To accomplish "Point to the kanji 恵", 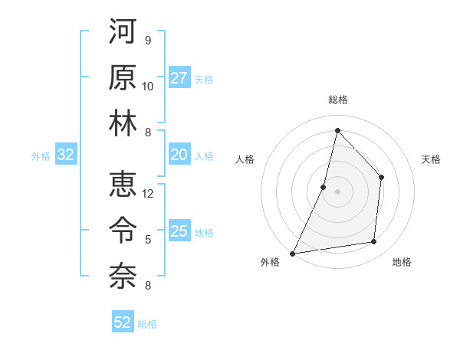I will click(123, 184).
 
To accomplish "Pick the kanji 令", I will click(123, 230).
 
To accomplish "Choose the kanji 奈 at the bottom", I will click(123, 276).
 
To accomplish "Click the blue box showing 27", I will click(179, 78).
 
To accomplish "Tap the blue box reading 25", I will click(179, 232).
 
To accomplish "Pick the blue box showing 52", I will click(123, 322).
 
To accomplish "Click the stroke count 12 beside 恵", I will click(148, 194).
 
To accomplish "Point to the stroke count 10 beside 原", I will click(148, 86).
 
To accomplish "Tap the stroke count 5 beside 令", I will click(148, 240).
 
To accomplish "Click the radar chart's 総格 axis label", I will click(337, 100).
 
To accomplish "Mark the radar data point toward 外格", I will click(293, 253).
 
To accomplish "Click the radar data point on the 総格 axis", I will click(337, 130).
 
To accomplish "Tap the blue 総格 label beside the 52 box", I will click(147, 324).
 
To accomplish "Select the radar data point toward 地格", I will click(374, 242).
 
